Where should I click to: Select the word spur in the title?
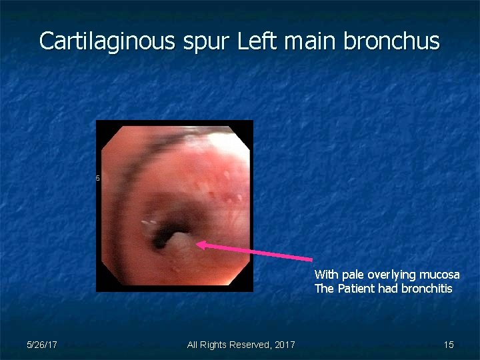[206, 41]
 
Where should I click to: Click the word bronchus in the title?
[391, 41]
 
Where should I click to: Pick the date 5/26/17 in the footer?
[41, 345]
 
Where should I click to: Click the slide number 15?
[449, 345]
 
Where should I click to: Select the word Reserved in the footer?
[248, 345]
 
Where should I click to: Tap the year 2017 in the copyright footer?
[285, 345]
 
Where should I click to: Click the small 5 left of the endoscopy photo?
[98, 178]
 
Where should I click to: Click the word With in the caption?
[326, 275]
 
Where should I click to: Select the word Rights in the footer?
[213, 345]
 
